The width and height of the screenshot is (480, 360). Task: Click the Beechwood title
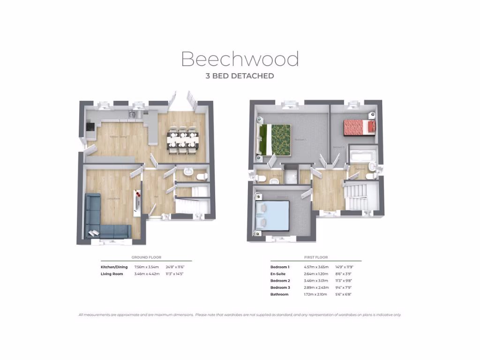tap(240, 60)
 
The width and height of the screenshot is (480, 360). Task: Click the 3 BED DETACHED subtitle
tap(240, 75)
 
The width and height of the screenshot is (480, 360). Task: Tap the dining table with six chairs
tap(183, 140)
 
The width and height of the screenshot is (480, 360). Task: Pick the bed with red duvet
tap(360, 127)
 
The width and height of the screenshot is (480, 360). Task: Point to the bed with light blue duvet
tap(272, 216)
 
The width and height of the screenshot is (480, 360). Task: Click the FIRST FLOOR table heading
tap(316, 257)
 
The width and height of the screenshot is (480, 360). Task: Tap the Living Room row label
tap(112, 274)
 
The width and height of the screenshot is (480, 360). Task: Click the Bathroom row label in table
tap(279, 294)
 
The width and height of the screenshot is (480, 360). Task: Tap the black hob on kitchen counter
tap(90, 127)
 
